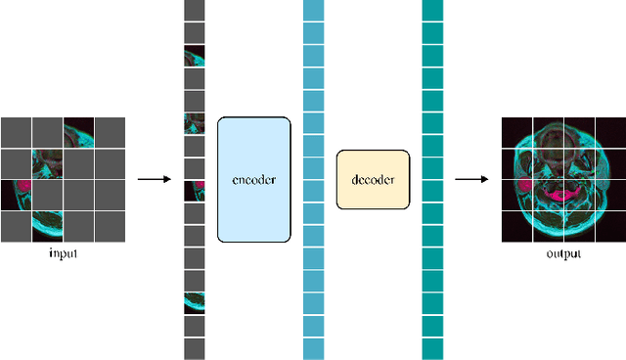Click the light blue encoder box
pyautogui.click(x=254, y=180)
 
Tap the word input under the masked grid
pyautogui.click(x=64, y=254)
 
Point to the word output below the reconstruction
pyautogui.click(x=563, y=254)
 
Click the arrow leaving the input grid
pyautogui.click(x=154, y=180)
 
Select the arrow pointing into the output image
pyautogui.click(x=471, y=180)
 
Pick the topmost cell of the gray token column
pyautogui.click(x=195, y=11)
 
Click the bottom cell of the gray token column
pyautogui.click(x=195, y=348)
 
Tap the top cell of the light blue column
pyautogui.click(x=313, y=11)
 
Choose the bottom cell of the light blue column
pyautogui.click(x=313, y=348)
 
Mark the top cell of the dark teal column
pyautogui.click(x=432, y=11)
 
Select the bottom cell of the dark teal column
pyautogui.click(x=432, y=348)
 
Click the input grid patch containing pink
pyautogui.click(x=17, y=195)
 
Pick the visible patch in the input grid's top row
pyautogui.click(x=78, y=132)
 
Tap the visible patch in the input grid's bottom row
pyautogui.click(x=47, y=225)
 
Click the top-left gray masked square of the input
pyautogui.click(x=17, y=132)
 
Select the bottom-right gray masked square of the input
pyautogui.click(x=110, y=225)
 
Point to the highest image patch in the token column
pyautogui.click(x=195, y=56)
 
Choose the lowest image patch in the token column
pyautogui.click(x=195, y=303)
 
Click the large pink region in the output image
pyautogui.click(x=562, y=197)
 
